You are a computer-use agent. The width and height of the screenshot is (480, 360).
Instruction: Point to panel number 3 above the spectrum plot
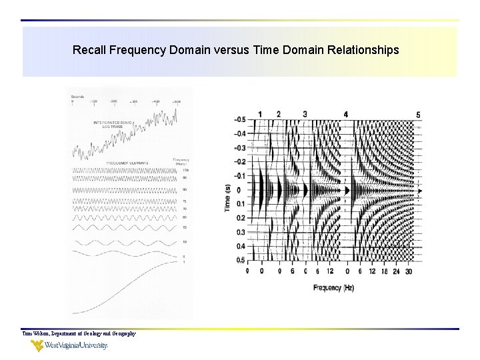click(305, 115)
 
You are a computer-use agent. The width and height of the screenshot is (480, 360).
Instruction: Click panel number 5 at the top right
click(418, 115)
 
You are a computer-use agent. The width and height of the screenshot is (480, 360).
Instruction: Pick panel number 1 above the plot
click(260, 115)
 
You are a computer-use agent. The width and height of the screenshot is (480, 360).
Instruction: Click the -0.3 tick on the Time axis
click(239, 148)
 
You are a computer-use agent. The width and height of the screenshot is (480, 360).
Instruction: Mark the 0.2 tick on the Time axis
click(240, 219)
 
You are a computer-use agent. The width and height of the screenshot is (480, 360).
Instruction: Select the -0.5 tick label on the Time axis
click(239, 120)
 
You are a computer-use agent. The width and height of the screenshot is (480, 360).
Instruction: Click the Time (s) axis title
click(228, 198)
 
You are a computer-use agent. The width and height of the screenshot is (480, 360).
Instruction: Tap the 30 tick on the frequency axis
click(408, 271)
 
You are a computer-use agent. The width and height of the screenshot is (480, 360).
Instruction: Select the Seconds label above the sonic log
click(78, 97)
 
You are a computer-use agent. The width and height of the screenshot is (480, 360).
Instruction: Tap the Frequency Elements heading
click(127, 163)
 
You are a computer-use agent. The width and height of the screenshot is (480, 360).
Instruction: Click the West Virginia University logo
click(69, 345)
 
